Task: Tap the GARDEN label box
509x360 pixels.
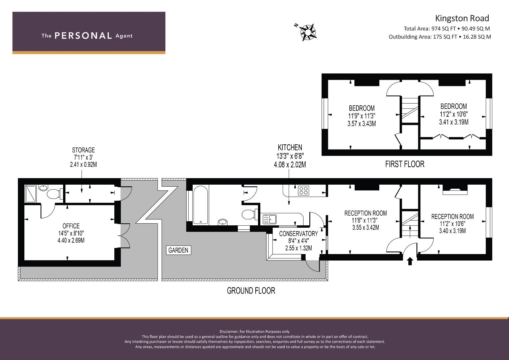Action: [x=178, y=250]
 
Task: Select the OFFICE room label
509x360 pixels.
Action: [x=71, y=226]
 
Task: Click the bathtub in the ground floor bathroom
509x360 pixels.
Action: [x=201, y=205]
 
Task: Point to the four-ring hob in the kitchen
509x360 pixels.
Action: [x=304, y=190]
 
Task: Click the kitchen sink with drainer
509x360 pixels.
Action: [x=269, y=219]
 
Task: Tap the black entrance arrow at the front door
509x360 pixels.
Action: [x=410, y=261]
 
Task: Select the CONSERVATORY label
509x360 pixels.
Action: [x=298, y=234]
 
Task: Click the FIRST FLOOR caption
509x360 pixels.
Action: [x=405, y=164]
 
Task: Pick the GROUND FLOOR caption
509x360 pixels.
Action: [x=251, y=291]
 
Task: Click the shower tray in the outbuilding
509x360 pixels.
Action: [x=30, y=193]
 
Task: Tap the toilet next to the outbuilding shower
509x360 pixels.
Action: [x=55, y=194]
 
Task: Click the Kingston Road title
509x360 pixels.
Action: [x=462, y=18]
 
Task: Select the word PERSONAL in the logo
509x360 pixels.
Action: [x=83, y=36]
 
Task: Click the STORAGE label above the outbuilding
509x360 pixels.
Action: [x=83, y=150]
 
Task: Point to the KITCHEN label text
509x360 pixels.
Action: [x=290, y=147]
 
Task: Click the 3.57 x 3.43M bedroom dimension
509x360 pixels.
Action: [x=362, y=124]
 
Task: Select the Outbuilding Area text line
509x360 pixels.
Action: [x=440, y=37]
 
